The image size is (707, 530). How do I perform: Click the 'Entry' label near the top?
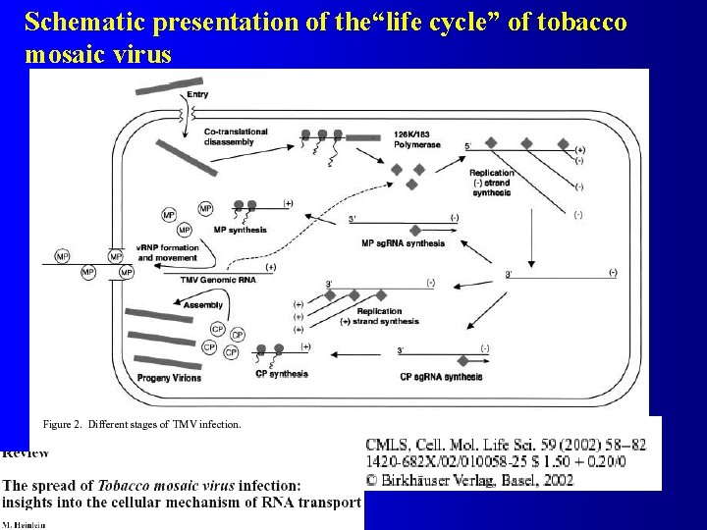click(x=197, y=94)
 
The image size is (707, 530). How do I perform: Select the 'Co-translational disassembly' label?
click(x=229, y=136)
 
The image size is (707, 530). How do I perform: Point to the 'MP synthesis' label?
click(x=240, y=230)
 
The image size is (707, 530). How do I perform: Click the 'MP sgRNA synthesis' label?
click(x=403, y=243)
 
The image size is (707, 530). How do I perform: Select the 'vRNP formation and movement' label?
click(x=168, y=252)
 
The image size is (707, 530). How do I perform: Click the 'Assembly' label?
click(x=202, y=305)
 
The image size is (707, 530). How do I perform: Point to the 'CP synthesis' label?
click(x=282, y=374)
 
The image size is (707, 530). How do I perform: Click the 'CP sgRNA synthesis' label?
click(x=441, y=376)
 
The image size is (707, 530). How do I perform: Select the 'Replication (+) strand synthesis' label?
click(x=379, y=316)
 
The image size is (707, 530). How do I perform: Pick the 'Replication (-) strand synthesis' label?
click(x=491, y=183)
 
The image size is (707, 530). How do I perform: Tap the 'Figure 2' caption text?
click(x=141, y=424)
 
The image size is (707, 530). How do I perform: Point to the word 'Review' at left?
click(x=26, y=453)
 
